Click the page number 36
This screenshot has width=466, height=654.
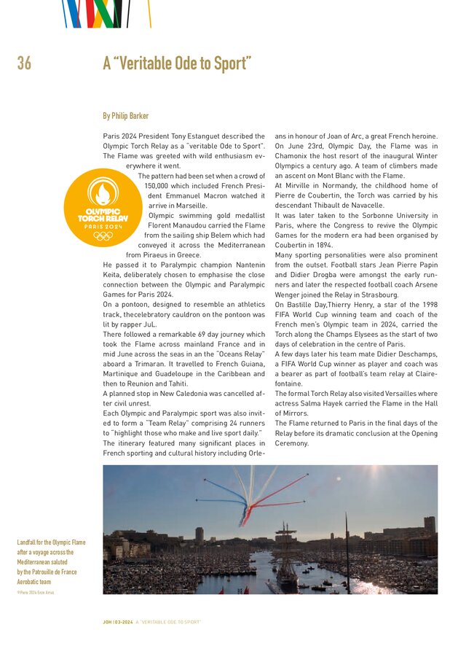pos(24,64)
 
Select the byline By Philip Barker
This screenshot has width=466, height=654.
pos(126,116)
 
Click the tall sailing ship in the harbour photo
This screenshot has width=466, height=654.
pos(286,558)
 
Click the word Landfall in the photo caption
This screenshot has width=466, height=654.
pos(28,542)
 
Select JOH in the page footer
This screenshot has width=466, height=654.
pos(107,622)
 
